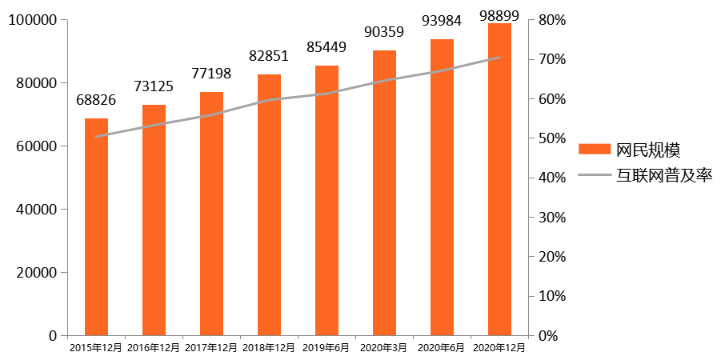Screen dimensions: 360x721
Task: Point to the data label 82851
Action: (269, 57)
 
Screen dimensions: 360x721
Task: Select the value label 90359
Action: (384, 33)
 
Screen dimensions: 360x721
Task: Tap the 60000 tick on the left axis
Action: (34, 146)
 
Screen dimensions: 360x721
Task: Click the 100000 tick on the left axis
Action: (30, 20)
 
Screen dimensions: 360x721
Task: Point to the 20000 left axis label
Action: (34, 273)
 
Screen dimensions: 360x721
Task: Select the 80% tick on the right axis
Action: (553, 20)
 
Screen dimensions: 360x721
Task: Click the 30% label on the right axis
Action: (553, 218)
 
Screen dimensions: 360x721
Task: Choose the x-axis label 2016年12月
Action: (154, 348)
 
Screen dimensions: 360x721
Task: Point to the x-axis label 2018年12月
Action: (269, 348)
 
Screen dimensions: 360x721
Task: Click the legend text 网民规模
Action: (648, 150)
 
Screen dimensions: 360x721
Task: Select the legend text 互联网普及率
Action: (664, 175)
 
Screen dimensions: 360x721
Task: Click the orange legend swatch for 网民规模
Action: (594, 149)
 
